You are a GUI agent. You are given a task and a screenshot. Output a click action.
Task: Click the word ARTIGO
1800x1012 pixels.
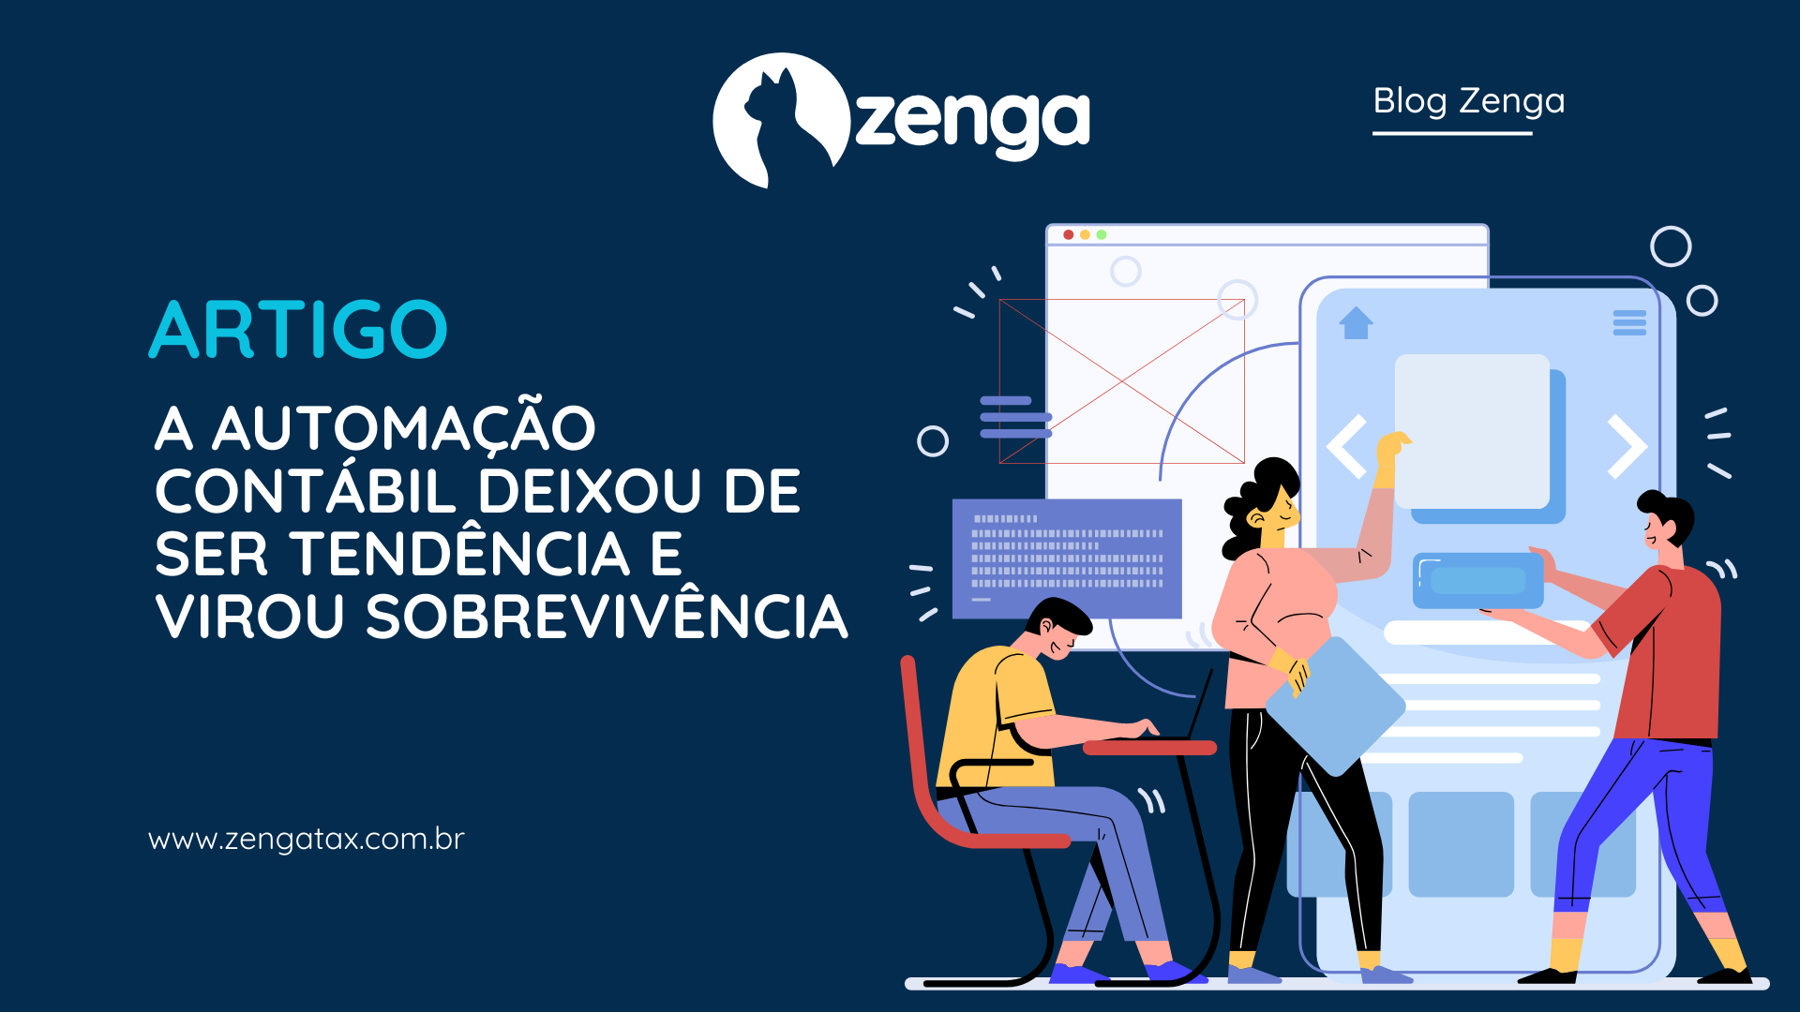click(x=298, y=330)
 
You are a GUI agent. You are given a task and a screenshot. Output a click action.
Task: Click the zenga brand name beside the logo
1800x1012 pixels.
click(x=972, y=120)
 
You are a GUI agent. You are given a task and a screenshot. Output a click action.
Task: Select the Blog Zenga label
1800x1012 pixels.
click(x=1468, y=101)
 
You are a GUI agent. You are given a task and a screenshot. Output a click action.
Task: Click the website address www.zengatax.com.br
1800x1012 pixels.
click(x=306, y=839)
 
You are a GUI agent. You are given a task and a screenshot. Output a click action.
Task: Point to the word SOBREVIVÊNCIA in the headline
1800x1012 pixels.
click(x=607, y=618)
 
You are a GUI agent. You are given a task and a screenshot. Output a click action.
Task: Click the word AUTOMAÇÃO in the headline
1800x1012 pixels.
click(x=404, y=428)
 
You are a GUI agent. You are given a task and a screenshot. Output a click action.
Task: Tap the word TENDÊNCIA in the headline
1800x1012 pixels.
click(x=460, y=555)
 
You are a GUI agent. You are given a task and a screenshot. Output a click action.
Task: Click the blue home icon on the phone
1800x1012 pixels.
click(x=1356, y=323)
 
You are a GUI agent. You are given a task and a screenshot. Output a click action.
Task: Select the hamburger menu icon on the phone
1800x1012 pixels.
click(x=1629, y=322)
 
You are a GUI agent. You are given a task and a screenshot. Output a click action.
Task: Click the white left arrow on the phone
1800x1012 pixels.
click(x=1346, y=446)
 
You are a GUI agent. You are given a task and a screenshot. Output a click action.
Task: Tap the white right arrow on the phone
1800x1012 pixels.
click(x=1627, y=446)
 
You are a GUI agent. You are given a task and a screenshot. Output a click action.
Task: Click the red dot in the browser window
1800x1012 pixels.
click(x=1068, y=234)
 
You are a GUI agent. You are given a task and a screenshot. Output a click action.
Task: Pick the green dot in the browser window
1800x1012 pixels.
click(x=1102, y=234)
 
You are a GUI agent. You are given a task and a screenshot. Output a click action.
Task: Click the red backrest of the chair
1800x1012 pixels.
click(x=914, y=740)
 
